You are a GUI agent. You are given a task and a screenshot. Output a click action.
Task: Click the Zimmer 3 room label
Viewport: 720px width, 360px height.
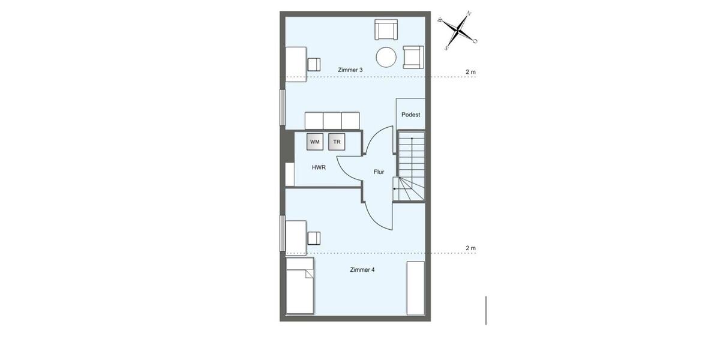350,70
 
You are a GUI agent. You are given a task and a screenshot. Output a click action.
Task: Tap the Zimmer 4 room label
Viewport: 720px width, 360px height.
362,270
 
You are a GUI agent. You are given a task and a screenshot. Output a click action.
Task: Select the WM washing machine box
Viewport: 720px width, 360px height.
315,142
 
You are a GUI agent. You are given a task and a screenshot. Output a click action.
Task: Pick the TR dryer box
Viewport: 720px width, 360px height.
337,142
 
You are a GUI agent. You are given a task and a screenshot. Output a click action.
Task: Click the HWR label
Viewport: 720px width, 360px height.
319,167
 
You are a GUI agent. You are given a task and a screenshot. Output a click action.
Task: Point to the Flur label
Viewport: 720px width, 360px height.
379,172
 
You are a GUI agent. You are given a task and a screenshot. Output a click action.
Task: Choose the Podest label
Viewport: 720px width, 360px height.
411,115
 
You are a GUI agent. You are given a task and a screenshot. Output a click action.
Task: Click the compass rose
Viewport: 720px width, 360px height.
458,28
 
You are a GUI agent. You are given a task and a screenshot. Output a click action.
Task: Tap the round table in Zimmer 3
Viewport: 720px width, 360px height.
386,58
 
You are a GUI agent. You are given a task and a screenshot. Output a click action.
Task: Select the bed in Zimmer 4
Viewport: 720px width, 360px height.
300,286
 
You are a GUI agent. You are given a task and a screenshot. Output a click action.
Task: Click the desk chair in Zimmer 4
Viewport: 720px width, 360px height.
314,238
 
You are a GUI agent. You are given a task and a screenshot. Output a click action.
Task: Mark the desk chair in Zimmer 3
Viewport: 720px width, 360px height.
314,64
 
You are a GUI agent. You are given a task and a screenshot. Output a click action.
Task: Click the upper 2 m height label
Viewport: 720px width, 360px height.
471,72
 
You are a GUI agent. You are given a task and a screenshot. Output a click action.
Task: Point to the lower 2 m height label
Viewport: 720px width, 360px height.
471,248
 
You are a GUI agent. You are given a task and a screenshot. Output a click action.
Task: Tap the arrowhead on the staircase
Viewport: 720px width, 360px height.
395,188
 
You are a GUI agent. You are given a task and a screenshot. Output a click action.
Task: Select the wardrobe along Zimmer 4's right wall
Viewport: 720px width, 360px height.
416,288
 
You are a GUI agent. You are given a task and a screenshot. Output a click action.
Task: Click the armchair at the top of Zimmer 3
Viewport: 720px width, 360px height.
386,30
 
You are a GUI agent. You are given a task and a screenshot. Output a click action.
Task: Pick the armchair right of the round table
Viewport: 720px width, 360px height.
413,56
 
